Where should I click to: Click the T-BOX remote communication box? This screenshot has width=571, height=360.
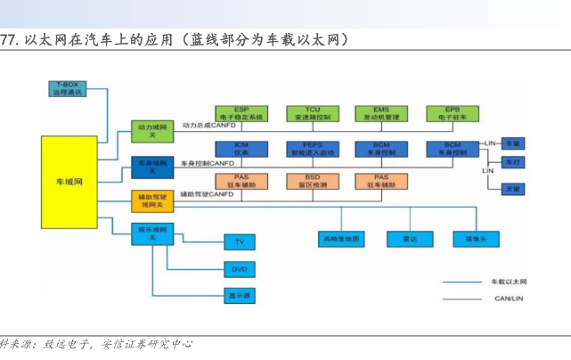[x=67, y=87]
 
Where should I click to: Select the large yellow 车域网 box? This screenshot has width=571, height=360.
[x=69, y=181]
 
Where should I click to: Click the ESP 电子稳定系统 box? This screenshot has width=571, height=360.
[x=241, y=113]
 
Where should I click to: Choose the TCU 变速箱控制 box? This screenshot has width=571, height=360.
[x=312, y=113]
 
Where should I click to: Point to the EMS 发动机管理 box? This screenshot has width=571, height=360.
[x=382, y=113]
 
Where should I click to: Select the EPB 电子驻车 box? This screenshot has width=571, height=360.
[x=453, y=113]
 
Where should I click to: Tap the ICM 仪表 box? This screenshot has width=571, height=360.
[x=241, y=148]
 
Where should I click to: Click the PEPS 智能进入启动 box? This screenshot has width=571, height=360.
[x=312, y=148]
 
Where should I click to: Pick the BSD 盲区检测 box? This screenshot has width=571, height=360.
[x=312, y=181]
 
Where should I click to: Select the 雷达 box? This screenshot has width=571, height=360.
[x=409, y=239]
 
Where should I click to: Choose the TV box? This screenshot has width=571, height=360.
[x=239, y=241]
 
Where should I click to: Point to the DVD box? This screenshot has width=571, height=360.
[x=239, y=268]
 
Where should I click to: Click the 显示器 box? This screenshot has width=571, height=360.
[x=239, y=295]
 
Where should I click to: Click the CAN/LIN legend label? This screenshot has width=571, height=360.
[x=509, y=299]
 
